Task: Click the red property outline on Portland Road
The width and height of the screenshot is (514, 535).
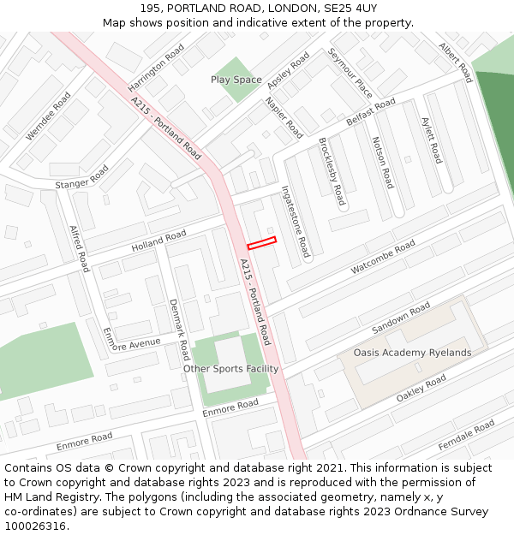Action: click(262, 242)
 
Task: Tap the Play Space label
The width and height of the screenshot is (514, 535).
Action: click(236, 80)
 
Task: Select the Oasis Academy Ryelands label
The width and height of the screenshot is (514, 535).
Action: click(412, 353)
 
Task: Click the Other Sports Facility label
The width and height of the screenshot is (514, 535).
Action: click(230, 369)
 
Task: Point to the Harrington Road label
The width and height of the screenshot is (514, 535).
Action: click(156, 68)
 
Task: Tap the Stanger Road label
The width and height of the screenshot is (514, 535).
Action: click(82, 178)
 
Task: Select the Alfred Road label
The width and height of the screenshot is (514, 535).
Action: click(79, 248)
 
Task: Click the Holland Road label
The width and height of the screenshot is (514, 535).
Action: click(158, 241)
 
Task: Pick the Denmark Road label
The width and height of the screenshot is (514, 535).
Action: click(178, 329)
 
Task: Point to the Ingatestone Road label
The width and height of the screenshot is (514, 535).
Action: click(296, 223)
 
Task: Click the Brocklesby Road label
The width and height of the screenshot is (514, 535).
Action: click(332, 171)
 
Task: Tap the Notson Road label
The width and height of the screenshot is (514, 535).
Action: click(382, 163)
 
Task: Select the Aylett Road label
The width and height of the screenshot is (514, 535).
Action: click(432, 140)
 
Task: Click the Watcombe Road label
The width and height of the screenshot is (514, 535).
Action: click(383, 258)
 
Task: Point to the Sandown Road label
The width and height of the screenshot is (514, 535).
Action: click(401, 318)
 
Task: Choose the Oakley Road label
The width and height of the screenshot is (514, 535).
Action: click(421, 388)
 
